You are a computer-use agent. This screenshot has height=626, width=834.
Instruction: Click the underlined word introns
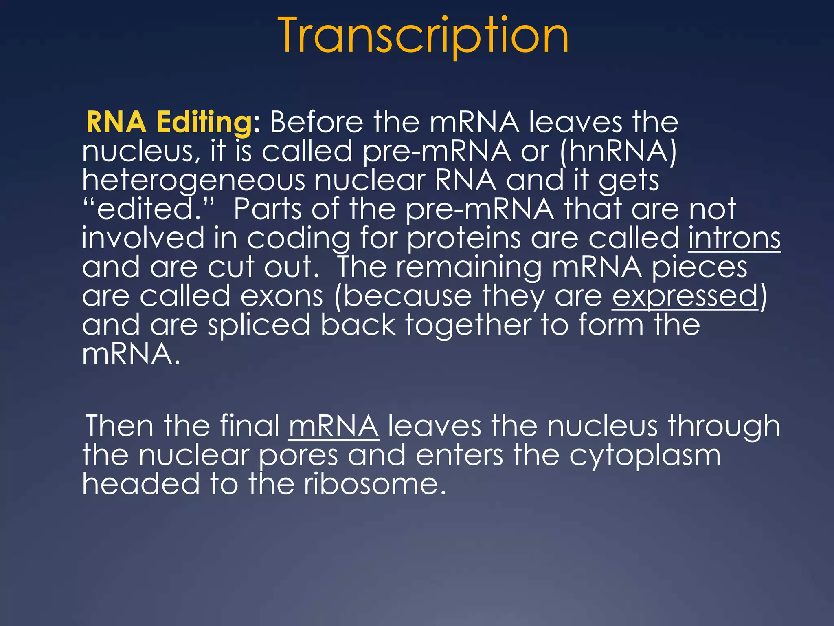(x=734, y=238)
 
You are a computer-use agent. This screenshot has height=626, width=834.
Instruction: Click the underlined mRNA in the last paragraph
(x=334, y=426)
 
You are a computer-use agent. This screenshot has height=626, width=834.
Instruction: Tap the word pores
(x=298, y=456)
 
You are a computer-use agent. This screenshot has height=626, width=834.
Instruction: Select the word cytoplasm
(x=645, y=456)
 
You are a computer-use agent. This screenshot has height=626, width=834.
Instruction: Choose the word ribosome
(x=374, y=484)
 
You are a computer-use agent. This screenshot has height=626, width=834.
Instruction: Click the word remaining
(x=469, y=268)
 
